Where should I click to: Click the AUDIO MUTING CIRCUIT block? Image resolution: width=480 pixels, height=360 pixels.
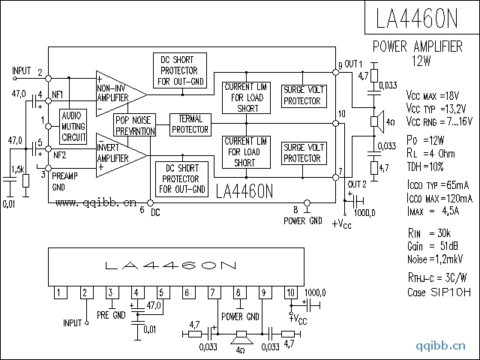coord(73,125)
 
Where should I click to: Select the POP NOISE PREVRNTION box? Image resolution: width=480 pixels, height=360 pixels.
coord(134,125)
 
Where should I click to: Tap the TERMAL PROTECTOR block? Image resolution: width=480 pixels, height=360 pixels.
coord(190,124)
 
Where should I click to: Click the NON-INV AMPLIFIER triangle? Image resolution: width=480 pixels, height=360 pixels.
coord(116,91)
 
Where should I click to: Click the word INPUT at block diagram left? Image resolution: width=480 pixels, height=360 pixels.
coord(22,70)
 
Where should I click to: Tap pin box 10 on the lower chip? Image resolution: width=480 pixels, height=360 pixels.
coord(291,292)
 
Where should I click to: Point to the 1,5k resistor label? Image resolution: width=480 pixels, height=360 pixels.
coord(19,169)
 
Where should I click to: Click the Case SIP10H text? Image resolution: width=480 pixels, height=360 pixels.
coord(439,292)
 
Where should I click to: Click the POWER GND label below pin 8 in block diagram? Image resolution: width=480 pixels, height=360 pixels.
coord(303,220)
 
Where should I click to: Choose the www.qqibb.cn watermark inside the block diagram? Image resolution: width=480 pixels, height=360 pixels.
coord(95,202)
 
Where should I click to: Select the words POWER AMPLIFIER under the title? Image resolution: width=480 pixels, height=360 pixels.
coord(418,46)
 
